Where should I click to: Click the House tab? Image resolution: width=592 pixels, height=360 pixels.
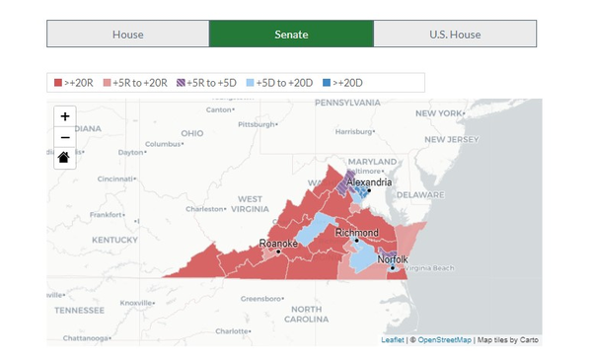(x=127, y=34)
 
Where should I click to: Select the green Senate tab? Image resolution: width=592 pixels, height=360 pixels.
(x=291, y=34)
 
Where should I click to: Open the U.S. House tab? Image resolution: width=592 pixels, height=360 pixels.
(x=455, y=34)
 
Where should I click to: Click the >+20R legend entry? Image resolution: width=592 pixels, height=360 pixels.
(x=74, y=83)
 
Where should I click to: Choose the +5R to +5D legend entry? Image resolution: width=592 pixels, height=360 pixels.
(x=207, y=83)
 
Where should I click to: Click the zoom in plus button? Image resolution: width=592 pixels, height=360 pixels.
(x=65, y=116)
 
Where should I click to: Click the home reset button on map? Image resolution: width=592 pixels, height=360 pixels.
(x=65, y=158)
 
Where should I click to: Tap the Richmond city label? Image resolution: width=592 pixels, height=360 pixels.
(x=356, y=233)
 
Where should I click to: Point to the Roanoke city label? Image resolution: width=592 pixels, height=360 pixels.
(x=277, y=243)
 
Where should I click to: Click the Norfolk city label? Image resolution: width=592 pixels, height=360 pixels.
(x=392, y=258)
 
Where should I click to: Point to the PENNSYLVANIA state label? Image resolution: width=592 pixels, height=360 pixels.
(x=354, y=103)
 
